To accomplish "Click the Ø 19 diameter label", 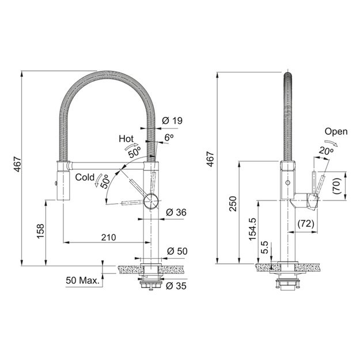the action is (172, 120).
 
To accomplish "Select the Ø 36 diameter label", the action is (176, 213).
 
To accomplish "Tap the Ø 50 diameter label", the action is (177, 251).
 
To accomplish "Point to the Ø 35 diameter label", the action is (176, 286).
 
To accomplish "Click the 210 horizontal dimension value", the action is (109, 237).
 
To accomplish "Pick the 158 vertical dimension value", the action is (41, 231).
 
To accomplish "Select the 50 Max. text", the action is (82, 281).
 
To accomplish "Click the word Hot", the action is (126, 139).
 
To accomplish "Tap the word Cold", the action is (85, 177).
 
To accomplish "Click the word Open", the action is (336, 131).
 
